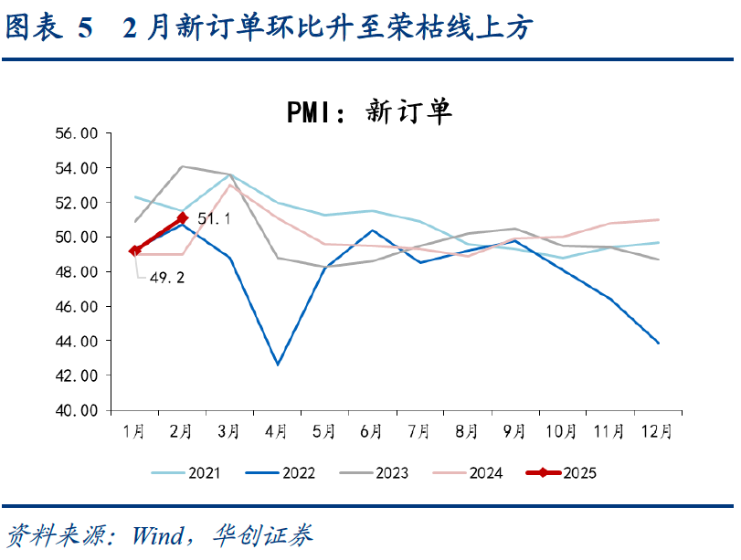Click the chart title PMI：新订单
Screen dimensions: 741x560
point(369,112)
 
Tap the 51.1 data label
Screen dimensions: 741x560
point(214,218)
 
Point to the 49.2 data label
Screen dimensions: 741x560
point(167,278)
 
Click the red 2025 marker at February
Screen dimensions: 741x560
point(183,217)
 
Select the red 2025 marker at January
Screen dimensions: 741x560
point(134,251)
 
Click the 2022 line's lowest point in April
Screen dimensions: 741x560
point(278,365)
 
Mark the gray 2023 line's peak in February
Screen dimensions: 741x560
point(183,166)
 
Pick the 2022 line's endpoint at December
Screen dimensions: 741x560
point(658,343)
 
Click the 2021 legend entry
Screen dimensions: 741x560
point(185,472)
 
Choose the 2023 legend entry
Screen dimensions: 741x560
point(374,472)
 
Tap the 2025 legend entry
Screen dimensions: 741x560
point(561,472)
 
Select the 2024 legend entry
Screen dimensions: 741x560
point(468,472)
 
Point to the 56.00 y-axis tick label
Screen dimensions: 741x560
point(77,133)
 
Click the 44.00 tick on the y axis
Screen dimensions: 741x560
point(77,341)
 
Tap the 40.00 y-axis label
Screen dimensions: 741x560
point(77,410)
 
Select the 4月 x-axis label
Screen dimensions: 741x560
point(277,431)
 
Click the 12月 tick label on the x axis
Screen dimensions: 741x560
point(656,431)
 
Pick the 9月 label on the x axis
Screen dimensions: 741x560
point(514,431)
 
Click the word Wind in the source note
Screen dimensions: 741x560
point(158,536)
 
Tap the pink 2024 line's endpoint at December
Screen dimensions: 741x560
point(658,220)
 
